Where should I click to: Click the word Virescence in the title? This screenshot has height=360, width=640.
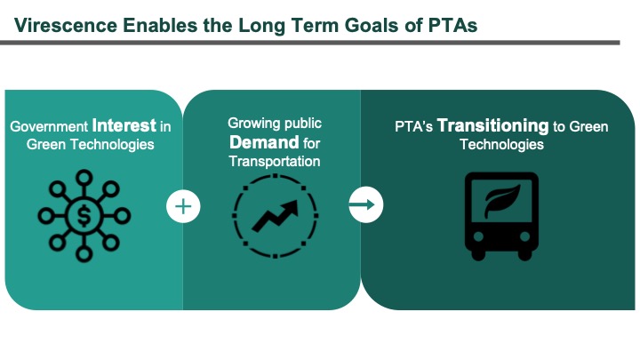65,25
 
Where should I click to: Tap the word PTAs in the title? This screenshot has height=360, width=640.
453,25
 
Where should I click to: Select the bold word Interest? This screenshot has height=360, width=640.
124,125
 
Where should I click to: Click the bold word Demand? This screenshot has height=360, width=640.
264,142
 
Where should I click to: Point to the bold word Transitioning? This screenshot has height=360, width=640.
492,125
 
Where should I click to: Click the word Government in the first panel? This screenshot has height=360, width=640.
49,126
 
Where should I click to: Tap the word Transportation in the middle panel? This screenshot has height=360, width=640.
275,161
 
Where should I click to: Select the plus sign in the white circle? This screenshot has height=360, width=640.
183,206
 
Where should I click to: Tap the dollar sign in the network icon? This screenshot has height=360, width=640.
84,215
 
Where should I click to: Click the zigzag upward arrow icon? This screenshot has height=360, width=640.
275,216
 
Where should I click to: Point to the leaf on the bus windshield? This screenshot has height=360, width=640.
502,201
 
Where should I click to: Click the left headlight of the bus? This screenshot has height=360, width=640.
478,236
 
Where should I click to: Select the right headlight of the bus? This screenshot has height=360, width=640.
525,236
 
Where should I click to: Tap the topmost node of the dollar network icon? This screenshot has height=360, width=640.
84,178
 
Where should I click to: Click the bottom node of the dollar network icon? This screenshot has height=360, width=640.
84,254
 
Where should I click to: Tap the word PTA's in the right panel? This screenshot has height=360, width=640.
413,126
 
